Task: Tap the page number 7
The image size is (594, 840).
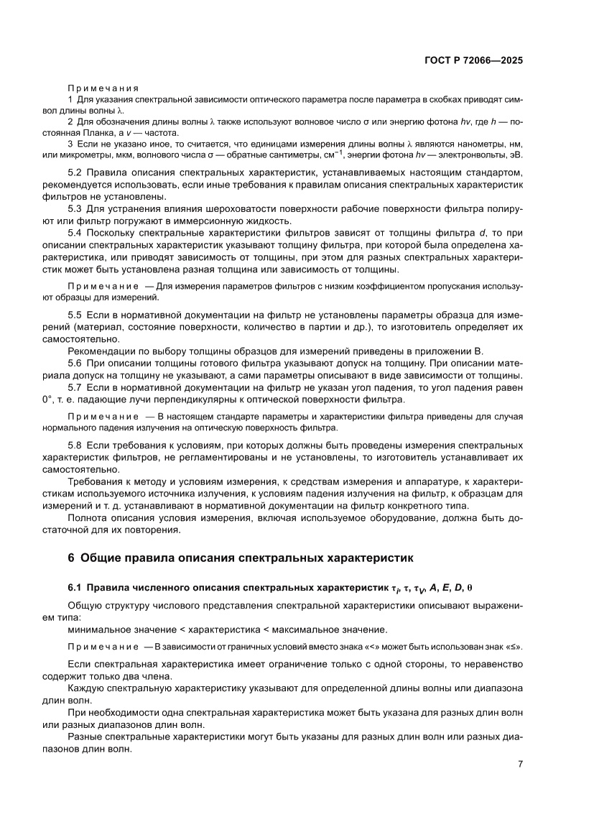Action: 519,764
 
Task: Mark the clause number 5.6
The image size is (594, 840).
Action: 75,364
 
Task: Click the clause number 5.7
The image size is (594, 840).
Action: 75,387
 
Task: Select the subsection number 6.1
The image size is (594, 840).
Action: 75,587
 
